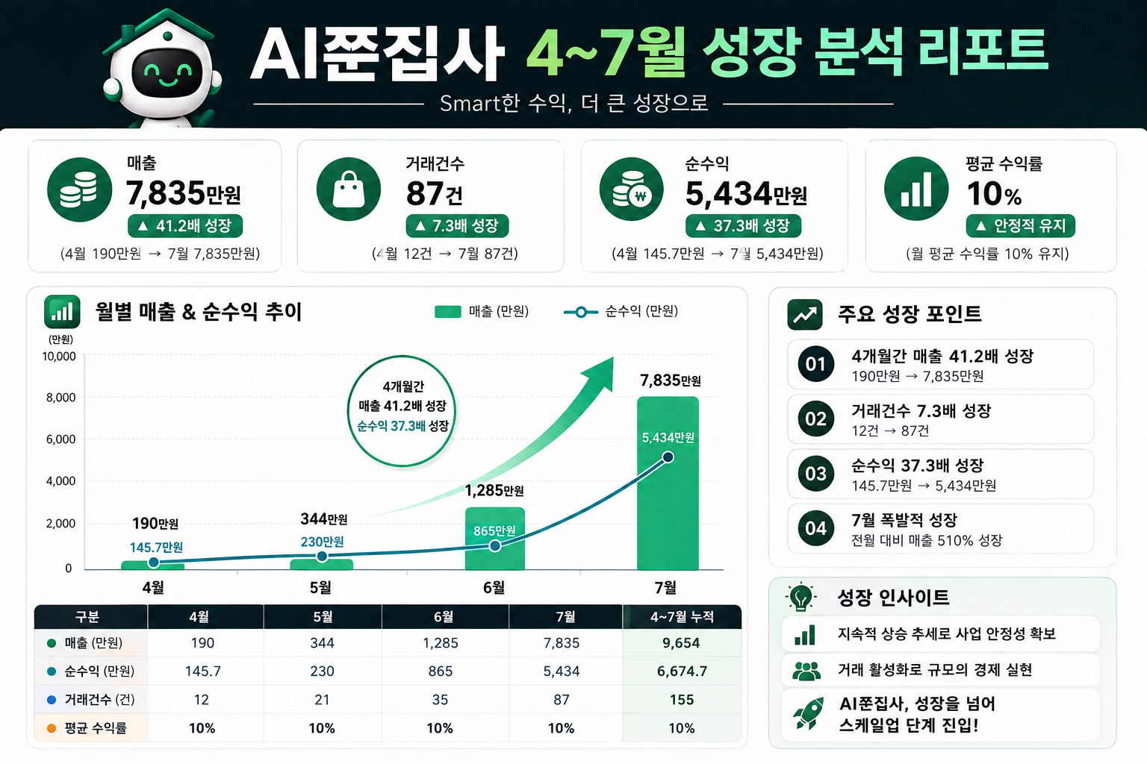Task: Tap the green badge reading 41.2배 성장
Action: [x=185, y=225]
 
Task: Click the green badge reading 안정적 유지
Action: [x=1021, y=225]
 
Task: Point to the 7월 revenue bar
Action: [x=668, y=483]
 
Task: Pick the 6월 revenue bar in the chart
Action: [x=494, y=539]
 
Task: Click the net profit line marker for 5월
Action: [x=322, y=557]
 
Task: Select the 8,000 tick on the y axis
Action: [x=61, y=398]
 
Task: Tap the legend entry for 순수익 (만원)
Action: [x=621, y=311]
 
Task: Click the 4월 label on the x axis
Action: [x=153, y=587]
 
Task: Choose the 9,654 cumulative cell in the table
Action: [x=681, y=642]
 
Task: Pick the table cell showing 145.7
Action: [x=203, y=671]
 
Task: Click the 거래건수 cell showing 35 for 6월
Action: [x=440, y=700]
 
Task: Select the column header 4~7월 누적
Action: [x=682, y=616]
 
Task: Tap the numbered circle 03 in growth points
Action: [x=815, y=474]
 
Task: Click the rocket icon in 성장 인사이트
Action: [x=808, y=713]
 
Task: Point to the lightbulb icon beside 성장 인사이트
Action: [x=801, y=597]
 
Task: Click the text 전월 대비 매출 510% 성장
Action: [x=926, y=540]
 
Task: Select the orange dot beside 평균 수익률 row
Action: [x=52, y=728]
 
